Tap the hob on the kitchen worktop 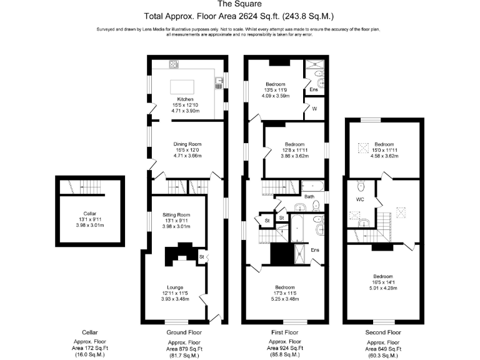[173, 64]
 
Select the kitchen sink [219, 81]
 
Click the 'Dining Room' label [185, 144]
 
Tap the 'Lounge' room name [175, 287]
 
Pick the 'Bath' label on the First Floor [309, 197]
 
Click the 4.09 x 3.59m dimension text [275, 96]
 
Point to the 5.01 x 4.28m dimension [383, 288]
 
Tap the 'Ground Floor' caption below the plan [184, 332]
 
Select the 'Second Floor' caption [383, 332]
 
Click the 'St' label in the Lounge [202, 256]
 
